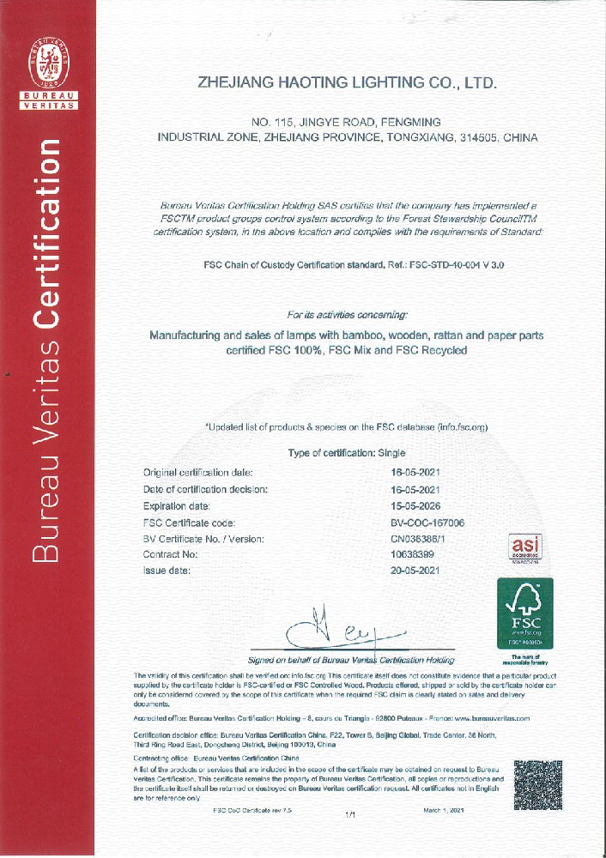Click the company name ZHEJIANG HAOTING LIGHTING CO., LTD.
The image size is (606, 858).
click(348, 83)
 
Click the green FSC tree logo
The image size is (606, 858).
click(524, 613)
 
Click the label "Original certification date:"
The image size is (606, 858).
click(197, 473)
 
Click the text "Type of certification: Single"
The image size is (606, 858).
click(347, 453)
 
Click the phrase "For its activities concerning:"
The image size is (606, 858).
click(348, 315)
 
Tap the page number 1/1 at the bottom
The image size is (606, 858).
click(349, 814)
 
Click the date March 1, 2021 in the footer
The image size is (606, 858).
click(444, 810)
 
